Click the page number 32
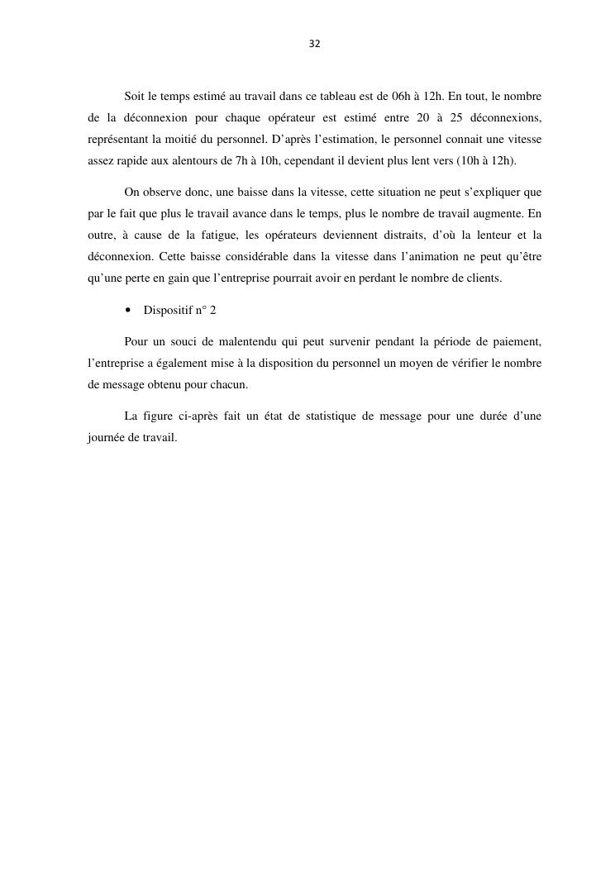(x=314, y=44)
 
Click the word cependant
(x=312, y=160)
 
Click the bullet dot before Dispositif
(x=128, y=311)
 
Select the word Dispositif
(x=168, y=311)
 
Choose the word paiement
(x=517, y=342)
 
